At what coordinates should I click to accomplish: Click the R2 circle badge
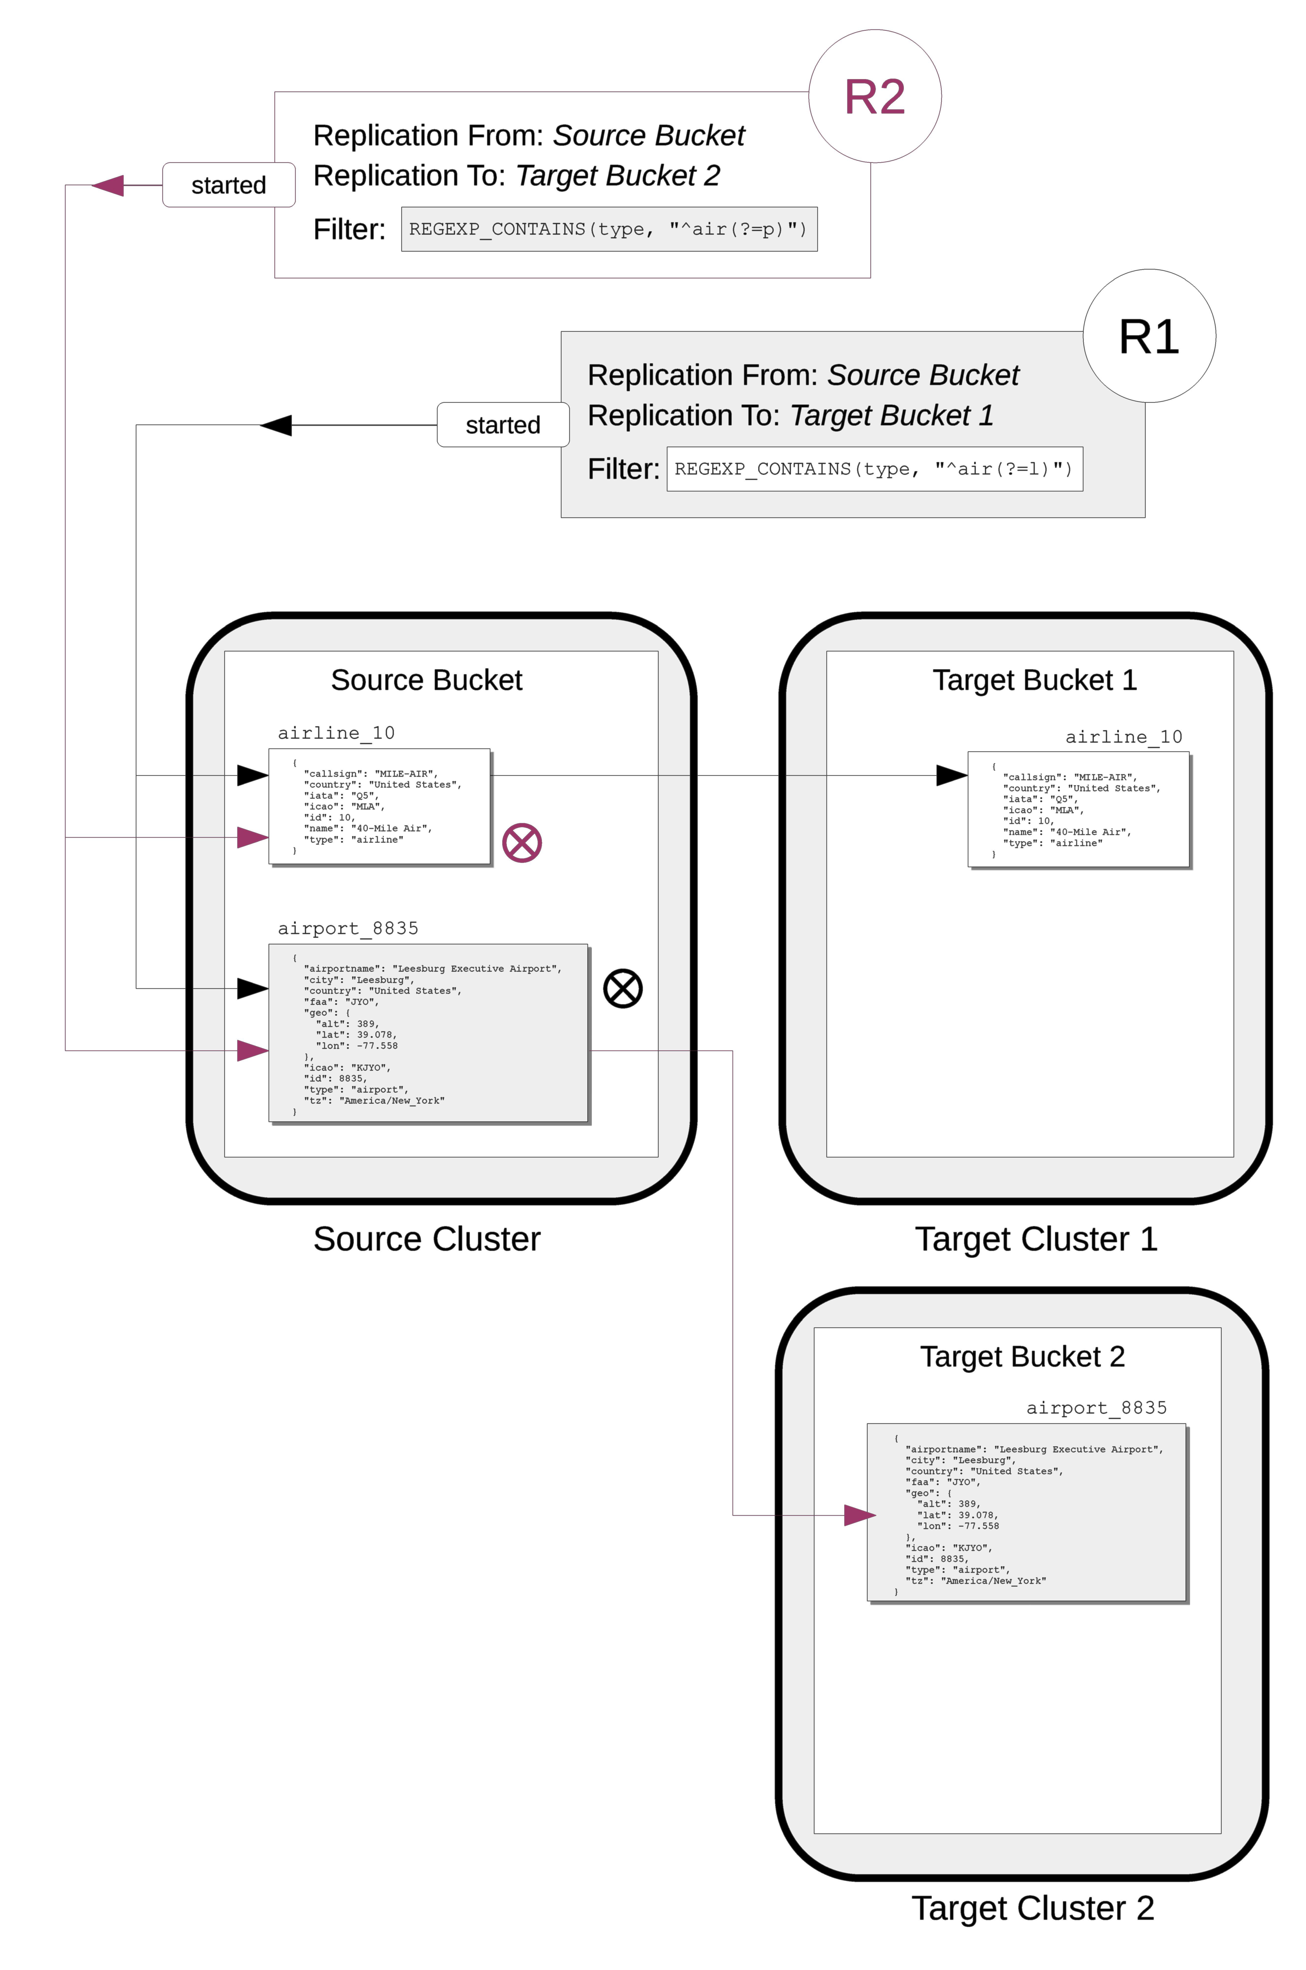click(x=875, y=97)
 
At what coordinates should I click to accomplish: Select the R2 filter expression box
click(x=609, y=229)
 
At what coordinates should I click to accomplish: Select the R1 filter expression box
click(x=875, y=469)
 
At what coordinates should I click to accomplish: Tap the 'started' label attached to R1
click(x=503, y=425)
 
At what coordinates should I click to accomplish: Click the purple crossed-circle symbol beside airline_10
click(x=522, y=843)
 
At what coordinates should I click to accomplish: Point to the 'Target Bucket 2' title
click(x=1022, y=1356)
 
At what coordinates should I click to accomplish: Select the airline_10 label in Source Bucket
click(x=337, y=733)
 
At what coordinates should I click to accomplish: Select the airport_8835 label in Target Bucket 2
click(x=1096, y=1407)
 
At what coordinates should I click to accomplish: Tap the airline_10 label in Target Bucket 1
click(x=1124, y=737)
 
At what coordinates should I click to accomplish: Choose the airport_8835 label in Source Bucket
click(x=348, y=928)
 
